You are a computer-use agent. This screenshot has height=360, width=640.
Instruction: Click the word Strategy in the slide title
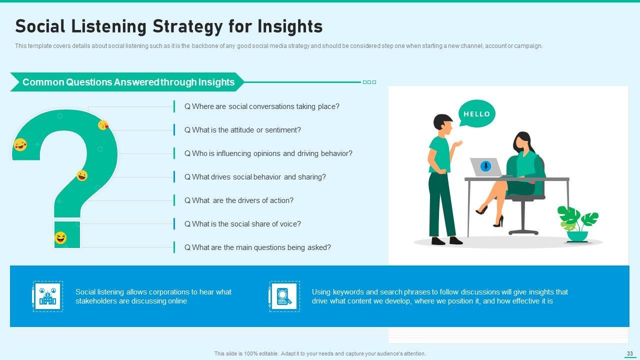tap(187, 26)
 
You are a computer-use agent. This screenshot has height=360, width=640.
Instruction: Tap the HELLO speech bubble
tap(476, 113)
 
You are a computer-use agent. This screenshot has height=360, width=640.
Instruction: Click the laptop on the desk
tap(486, 167)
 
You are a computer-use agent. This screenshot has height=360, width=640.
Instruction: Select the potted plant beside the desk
tap(577, 224)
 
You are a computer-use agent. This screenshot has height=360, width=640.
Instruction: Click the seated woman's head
tap(523, 142)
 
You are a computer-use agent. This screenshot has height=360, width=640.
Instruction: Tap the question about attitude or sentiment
tap(242, 130)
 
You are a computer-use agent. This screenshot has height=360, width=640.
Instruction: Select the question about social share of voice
tap(242, 224)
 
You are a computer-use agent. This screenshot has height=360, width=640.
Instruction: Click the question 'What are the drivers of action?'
tap(239, 200)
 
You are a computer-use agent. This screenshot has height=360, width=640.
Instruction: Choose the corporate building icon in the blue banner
tap(47, 296)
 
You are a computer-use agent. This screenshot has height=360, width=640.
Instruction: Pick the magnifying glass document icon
tap(284, 296)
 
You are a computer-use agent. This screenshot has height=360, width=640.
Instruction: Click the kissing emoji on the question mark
tap(103, 125)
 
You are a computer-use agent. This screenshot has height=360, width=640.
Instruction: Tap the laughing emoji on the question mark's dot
tap(60, 237)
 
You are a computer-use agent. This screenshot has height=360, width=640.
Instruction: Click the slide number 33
tap(629, 353)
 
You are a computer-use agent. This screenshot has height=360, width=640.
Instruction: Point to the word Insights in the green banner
tap(216, 82)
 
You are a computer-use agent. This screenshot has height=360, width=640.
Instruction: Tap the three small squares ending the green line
tap(369, 82)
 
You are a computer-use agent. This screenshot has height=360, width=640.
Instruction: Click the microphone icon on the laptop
tap(485, 166)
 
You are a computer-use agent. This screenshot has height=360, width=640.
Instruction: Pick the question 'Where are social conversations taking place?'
tap(261, 106)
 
